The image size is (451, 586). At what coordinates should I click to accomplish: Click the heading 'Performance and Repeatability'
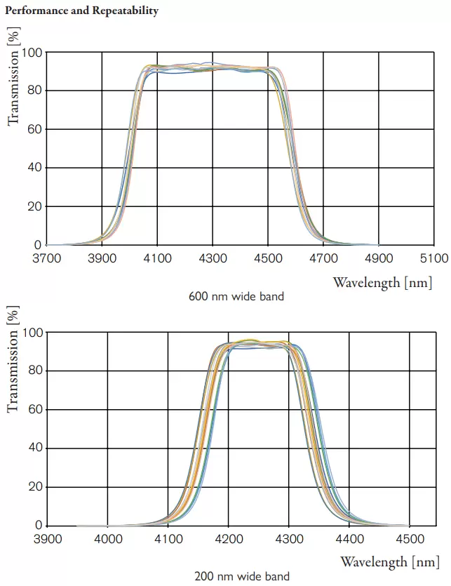[82, 11]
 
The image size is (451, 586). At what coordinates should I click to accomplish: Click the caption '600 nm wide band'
[236, 296]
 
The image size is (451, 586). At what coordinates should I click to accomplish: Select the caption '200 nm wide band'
[241, 576]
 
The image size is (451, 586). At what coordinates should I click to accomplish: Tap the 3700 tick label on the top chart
[46, 258]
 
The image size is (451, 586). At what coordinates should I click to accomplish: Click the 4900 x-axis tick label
[379, 258]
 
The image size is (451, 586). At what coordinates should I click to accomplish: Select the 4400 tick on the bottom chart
[349, 538]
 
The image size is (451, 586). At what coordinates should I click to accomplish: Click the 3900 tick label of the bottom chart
[47, 538]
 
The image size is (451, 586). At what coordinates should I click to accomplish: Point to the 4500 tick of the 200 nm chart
[410, 538]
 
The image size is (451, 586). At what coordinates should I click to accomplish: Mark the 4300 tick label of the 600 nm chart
[213, 258]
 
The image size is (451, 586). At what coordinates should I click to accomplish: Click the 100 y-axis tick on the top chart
[32, 53]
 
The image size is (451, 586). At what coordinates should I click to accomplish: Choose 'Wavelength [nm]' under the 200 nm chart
[390, 561]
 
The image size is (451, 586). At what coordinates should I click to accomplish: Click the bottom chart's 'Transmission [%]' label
[13, 359]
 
